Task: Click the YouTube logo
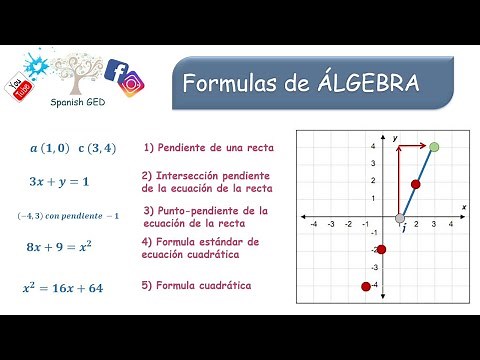tap(19, 89)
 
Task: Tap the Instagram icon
tap(130, 86)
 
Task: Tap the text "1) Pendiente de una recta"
tap(208, 148)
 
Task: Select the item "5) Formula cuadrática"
tap(197, 286)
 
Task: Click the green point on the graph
tap(434, 147)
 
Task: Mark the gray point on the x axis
tap(400, 217)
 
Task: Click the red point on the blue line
tap(416, 184)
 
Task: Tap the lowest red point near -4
tap(367, 287)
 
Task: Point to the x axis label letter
tap(464, 207)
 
